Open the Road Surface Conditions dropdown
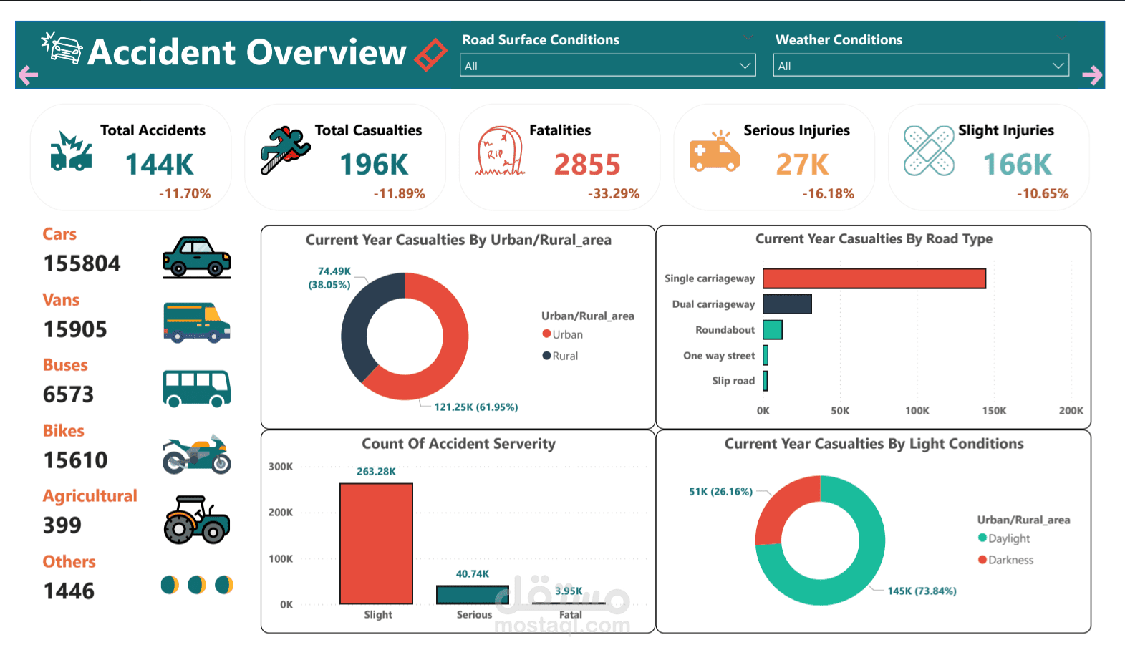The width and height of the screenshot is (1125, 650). tap(607, 66)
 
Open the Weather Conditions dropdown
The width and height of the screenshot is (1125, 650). tap(920, 66)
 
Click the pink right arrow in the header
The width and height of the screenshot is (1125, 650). tap(1092, 74)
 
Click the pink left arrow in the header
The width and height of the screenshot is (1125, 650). tap(28, 74)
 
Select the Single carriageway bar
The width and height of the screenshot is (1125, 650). tap(874, 278)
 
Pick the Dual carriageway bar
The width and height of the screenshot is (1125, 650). tap(787, 304)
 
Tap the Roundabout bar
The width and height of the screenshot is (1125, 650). tap(772, 330)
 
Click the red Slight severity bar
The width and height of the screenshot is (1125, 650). tap(376, 543)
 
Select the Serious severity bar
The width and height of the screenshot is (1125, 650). tap(473, 595)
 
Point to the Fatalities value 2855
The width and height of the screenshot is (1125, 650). tap(587, 165)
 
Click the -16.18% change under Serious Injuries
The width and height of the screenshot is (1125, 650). tap(828, 194)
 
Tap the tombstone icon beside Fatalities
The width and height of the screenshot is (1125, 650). tap(500, 152)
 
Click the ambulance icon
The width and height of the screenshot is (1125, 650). tap(714, 152)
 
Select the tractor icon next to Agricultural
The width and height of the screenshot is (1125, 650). tap(196, 520)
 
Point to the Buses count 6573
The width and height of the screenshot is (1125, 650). tap(69, 394)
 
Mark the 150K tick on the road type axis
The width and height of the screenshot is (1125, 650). tap(994, 411)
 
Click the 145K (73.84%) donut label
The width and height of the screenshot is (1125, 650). tap(922, 591)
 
